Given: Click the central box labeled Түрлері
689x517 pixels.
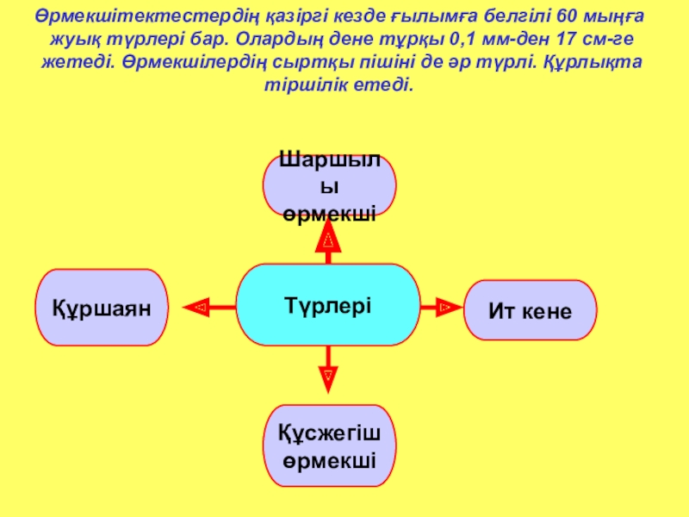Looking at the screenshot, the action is point(328,305).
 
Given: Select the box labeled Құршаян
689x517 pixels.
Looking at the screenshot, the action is point(101,308).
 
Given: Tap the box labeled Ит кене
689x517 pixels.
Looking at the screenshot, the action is point(530,310).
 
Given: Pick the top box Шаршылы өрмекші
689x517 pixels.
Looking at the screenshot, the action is point(329,185).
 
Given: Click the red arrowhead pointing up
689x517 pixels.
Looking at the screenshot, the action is point(328,236).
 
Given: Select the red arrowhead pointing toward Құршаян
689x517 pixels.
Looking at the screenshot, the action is point(198,306).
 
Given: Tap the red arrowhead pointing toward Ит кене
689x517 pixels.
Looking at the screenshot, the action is point(444,306).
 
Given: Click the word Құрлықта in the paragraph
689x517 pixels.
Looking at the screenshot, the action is point(616,64).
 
